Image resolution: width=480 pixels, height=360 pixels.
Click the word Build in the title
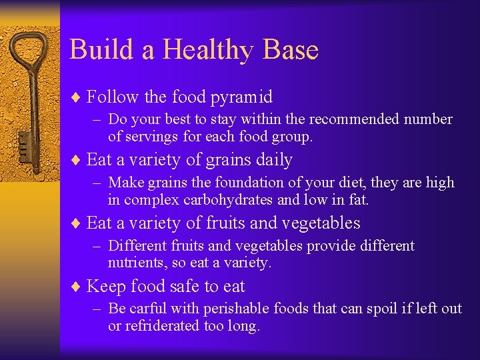[x=96, y=50]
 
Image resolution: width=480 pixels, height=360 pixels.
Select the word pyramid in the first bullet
[x=242, y=97]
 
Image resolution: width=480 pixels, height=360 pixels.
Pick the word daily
[x=272, y=160]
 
